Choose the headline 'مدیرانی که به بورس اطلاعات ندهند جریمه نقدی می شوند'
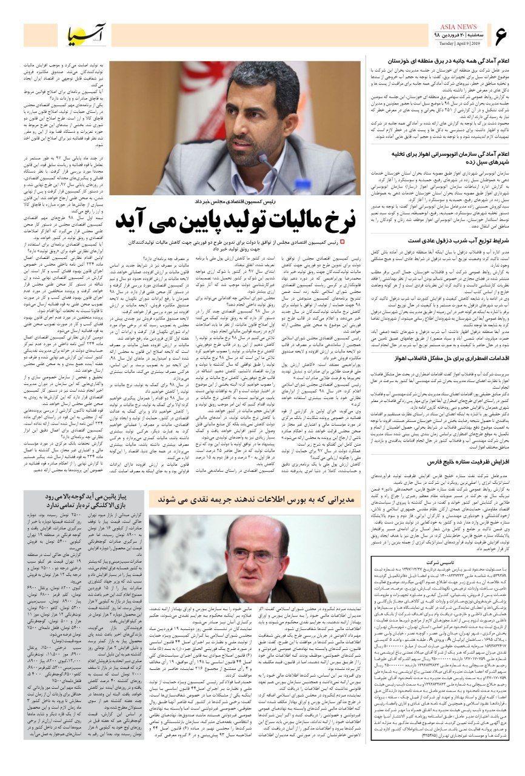(x=257, y=499)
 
